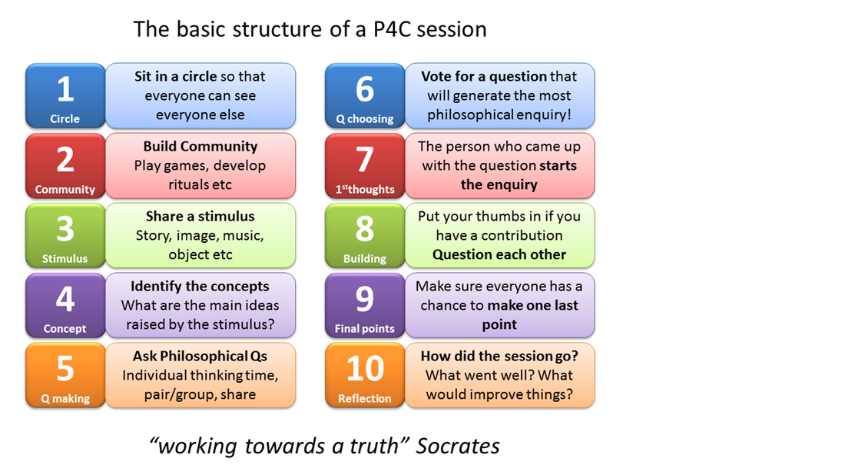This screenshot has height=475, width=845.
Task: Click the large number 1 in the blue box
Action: pos(65,89)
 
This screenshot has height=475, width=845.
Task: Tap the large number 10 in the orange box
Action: pos(365,369)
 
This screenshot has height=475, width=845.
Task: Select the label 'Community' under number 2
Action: pos(65,189)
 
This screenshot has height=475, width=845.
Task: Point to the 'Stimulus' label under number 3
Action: pos(65,259)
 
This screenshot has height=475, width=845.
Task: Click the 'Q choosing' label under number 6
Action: pos(365,119)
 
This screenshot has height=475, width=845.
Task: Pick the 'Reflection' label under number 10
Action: pos(365,398)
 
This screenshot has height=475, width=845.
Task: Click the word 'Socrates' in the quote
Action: pos(458,446)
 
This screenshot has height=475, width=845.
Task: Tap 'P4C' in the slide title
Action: pos(392,29)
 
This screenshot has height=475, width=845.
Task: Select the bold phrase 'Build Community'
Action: pos(200,147)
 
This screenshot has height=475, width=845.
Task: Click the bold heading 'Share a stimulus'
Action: pos(200,216)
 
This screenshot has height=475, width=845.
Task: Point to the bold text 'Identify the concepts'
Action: pos(200,286)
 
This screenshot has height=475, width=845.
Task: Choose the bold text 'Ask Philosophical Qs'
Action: pos(200,357)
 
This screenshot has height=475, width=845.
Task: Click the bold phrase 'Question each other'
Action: pos(499,254)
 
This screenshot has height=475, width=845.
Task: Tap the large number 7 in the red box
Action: pos(365,160)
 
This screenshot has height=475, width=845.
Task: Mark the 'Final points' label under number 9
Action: pos(365,329)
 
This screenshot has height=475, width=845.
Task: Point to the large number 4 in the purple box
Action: pos(65,299)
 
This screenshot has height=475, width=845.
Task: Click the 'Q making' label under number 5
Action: pos(65,399)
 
